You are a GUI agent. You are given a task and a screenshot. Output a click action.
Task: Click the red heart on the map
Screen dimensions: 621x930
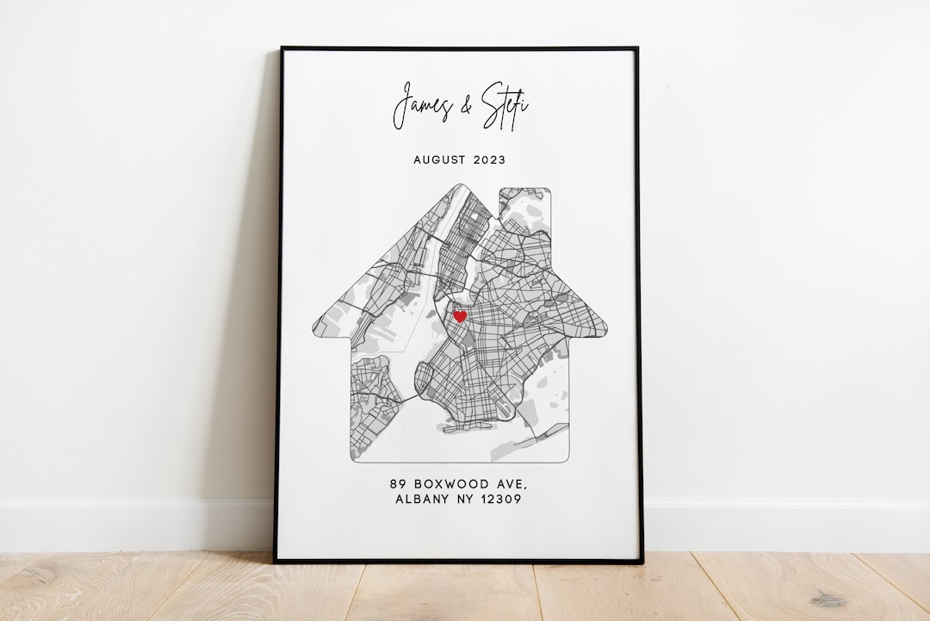click(x=460, y=316)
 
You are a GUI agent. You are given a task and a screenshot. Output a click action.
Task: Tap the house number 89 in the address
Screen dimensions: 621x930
click(x=398, y=484)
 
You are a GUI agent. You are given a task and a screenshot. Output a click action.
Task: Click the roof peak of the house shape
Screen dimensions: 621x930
click(x=460, y=185)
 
